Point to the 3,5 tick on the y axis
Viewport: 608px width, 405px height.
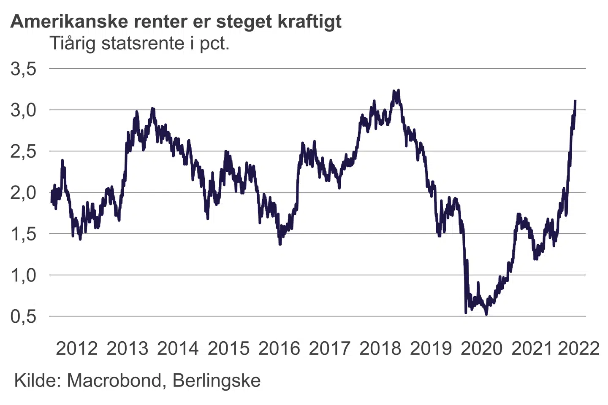point(24,69)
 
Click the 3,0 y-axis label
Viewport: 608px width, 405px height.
point(24,111)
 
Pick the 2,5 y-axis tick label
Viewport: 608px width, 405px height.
point(24,152)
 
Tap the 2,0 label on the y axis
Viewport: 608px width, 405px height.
point(24,193)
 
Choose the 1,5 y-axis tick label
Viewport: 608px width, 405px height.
point(24,235)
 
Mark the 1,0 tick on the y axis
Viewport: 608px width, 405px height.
point(24,276)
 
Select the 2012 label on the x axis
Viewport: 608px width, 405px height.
point(76,349)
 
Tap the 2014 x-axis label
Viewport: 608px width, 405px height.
point(178,349)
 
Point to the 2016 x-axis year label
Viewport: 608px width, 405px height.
point(279,349)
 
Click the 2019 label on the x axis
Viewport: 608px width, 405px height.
point(431,349)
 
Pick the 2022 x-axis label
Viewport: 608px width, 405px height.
point(578,349)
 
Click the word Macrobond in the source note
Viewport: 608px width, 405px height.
point(114,381)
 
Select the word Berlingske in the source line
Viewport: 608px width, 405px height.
point(217,381)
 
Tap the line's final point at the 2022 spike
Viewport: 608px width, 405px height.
point(575,101)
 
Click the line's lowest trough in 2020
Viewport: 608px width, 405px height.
point(486,314)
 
